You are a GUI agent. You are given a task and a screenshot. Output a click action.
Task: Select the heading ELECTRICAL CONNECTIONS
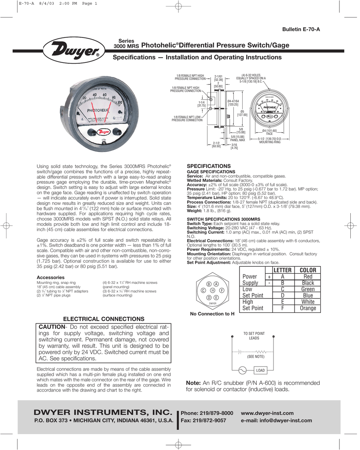pyautogui.click(x=103, y=318)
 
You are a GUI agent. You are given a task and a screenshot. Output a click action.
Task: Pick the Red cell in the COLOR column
pyautogui.click(x=308, y=276)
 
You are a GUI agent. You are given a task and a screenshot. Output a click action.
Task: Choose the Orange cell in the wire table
pyautogui.click(x=308, y=308)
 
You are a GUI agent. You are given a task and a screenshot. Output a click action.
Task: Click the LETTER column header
pyautogui.click(x=282, y=269)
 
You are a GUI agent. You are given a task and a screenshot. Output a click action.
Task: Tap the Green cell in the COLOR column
pyautogui.click(x=308, y=289)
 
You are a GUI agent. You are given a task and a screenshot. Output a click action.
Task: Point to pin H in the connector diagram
pyautogui.click(x=213, y=290)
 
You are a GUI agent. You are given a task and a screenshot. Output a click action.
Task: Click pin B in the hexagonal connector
pyautogui.click(x=209, y=284)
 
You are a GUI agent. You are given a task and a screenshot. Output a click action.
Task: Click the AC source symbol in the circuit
pyautogui.click(x=242, y=370)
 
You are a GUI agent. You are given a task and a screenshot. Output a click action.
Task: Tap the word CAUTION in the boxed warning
pyautogui.click(x=51, y=327)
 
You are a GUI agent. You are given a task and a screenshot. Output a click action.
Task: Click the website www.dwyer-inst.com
pyautogui.click(x=267, y=413)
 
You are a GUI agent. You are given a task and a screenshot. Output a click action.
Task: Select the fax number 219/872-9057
pyautogui.click(x=214, y=421)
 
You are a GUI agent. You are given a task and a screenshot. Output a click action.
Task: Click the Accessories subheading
pyautogui.click(x=50, y=277)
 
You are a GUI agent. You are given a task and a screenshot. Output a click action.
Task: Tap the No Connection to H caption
pyautogui.click(x=212, y=314)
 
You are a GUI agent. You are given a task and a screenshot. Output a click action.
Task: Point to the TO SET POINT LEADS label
pyautogui.click(x=254, y=336)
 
